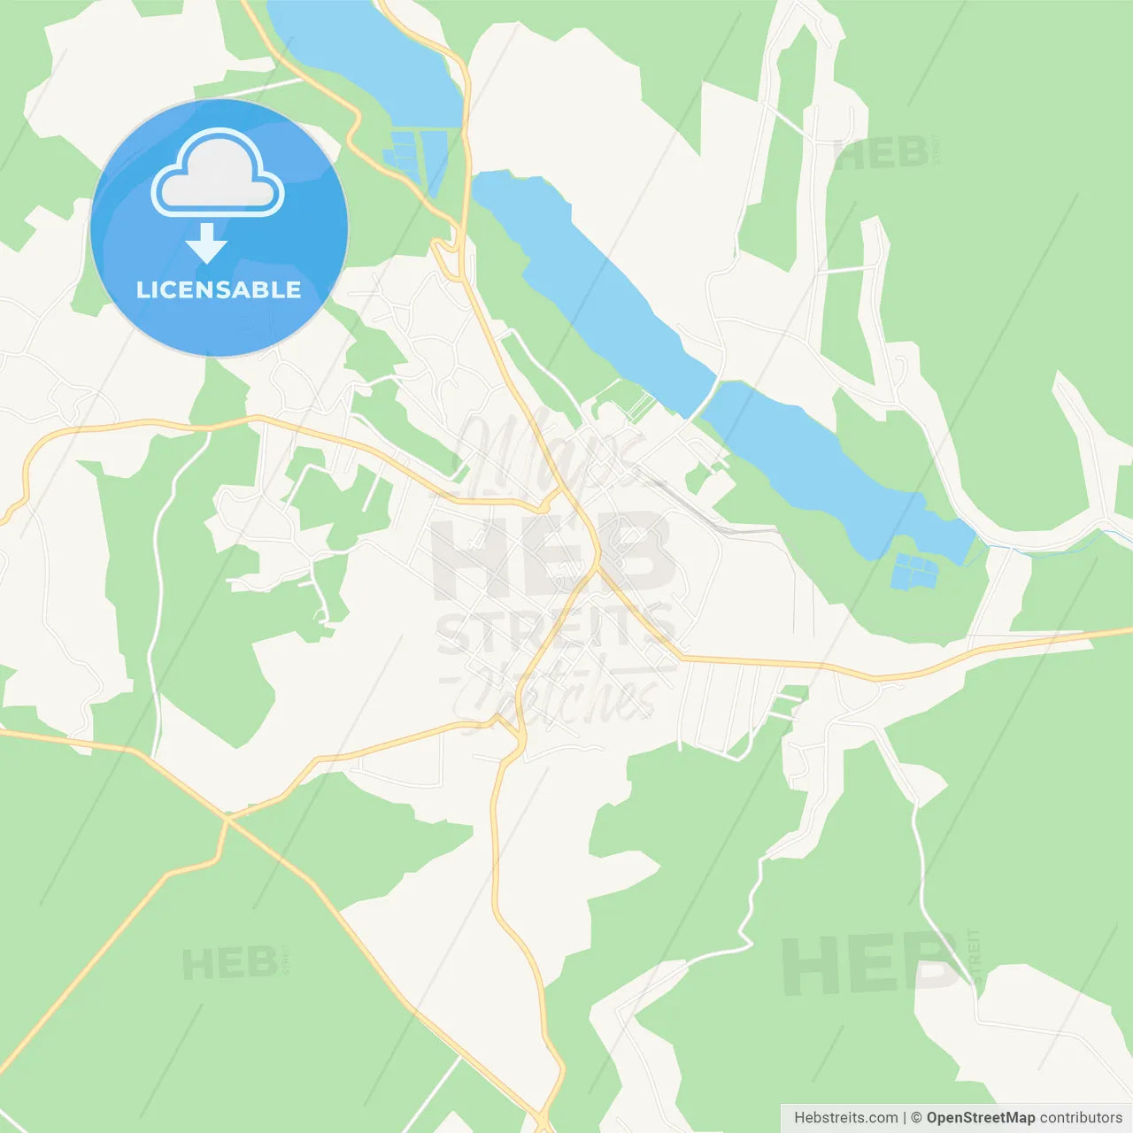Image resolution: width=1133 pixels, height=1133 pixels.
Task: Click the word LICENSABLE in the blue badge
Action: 219,289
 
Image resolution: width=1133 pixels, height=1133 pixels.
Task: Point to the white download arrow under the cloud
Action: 207,243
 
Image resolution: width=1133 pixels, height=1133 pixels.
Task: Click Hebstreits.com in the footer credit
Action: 845,1118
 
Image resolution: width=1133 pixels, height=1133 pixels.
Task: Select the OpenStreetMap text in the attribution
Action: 980,1118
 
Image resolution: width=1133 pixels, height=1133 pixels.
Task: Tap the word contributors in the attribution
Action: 1081,1118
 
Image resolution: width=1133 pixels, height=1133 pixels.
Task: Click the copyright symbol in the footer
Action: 916,1118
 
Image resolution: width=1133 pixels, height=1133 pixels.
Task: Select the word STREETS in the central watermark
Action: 556,630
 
